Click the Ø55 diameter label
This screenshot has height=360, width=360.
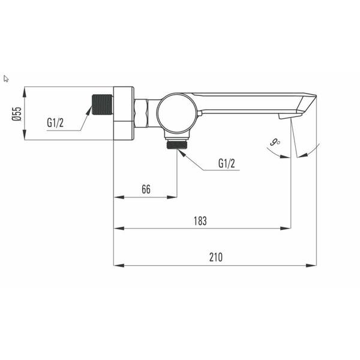point(17,114)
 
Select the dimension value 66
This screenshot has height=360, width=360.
point(146,189)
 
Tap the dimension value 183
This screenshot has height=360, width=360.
point(200,221)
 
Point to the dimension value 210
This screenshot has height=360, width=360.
point(216,257)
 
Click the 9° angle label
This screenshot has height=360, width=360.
point(275,142)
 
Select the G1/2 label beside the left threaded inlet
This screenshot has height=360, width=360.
point(55,122)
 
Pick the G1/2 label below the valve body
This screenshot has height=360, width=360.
point(227,163)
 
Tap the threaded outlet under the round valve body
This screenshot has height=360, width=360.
point(177,144)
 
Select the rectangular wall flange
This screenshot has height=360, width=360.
point(124,113)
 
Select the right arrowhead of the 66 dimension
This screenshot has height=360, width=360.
point(173,196)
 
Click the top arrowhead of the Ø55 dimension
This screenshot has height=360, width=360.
point(25,90)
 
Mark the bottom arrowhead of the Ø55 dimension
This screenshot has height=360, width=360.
point(25,137)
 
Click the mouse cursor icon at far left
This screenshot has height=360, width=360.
point(6,78)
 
